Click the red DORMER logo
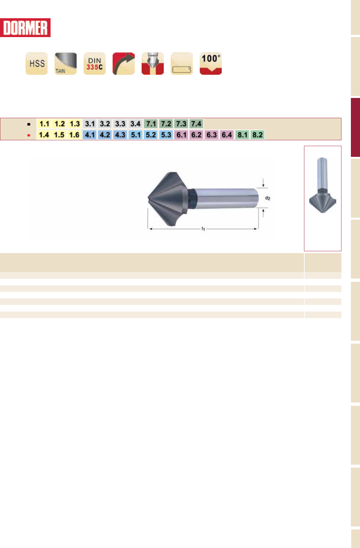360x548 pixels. pos(25,28)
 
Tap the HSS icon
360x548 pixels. pos(37,63)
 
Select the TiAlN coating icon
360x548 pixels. pos(66,63)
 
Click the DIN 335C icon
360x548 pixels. pos(95,63)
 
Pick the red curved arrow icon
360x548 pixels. pos(124,63)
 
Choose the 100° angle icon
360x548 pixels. pos(211,63)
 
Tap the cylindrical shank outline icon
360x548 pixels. pos(182,63)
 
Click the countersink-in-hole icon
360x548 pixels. pos(153,63)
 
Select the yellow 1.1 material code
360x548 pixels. pos(44,124)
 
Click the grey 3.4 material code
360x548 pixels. pos(135,124)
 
